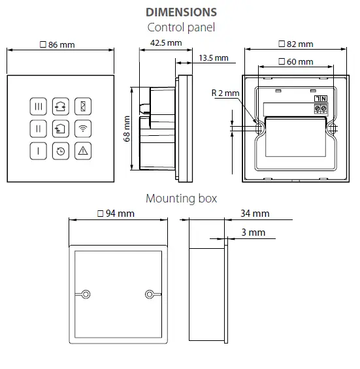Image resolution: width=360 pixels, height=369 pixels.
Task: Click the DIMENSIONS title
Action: click(x=181, y=12)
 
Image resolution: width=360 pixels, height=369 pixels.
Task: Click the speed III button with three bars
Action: click(x=39, y=106)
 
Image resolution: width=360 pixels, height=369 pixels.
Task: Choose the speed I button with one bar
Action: click(x=39, y=150)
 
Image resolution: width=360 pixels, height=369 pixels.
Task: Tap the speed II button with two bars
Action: click(x=39, y=128)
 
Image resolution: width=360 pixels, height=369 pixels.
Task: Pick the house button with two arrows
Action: click(x=61, y=106)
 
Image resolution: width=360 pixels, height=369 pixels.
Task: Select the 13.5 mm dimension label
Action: click(x=212, y=58)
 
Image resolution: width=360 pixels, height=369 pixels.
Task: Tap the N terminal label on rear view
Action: click(x=318, y=99)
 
